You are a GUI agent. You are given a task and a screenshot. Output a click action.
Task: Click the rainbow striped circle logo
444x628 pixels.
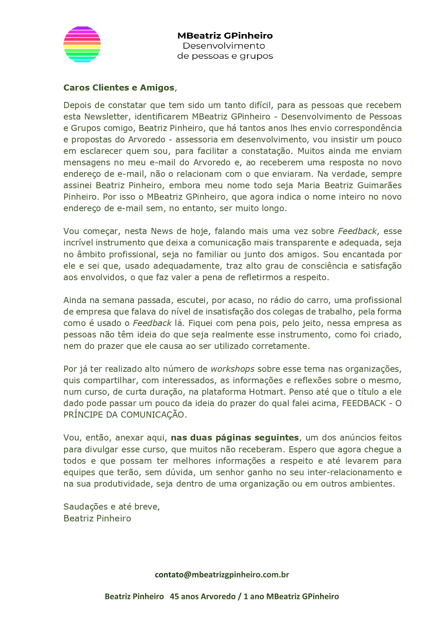(82, 44)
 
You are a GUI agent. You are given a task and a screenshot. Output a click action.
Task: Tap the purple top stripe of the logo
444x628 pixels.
(82, 28)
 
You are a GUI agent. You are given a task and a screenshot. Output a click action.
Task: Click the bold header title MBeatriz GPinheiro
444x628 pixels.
(225, 35)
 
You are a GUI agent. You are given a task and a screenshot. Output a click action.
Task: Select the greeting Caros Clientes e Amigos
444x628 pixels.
(119, 88)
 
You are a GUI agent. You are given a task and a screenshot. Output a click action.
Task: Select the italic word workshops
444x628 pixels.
(232, 369)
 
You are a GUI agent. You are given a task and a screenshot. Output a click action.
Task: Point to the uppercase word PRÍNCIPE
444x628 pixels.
(83, 415)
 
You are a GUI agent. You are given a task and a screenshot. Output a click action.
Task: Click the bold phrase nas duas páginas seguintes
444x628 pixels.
(235, 438)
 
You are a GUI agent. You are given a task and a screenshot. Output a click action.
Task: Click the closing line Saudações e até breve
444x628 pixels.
(111, 506)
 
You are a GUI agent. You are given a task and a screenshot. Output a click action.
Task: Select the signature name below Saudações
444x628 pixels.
(97, 518)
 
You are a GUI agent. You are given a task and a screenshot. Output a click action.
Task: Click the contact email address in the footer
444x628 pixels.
(222, 575)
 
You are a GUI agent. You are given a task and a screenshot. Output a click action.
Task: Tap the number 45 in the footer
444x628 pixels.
(174, 597)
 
